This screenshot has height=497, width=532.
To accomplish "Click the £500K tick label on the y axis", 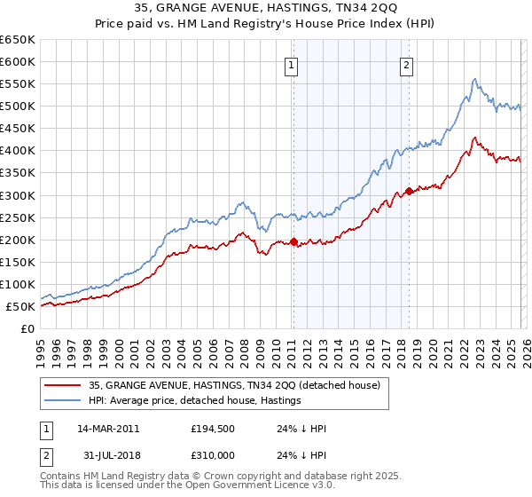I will [17, 106].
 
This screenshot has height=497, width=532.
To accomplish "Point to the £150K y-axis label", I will [17, 263].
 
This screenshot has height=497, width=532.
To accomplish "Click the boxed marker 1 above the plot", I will [292, 64].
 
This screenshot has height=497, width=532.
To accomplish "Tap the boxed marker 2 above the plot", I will [406, 64].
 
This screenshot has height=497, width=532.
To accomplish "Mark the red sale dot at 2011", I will [293, 241].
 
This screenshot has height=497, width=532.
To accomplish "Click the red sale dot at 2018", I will [409, 191].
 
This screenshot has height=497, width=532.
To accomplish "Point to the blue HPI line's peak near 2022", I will [475, 79].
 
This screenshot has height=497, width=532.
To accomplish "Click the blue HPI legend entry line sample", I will [62, 401].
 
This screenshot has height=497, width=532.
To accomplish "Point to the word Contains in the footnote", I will [61, 477].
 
